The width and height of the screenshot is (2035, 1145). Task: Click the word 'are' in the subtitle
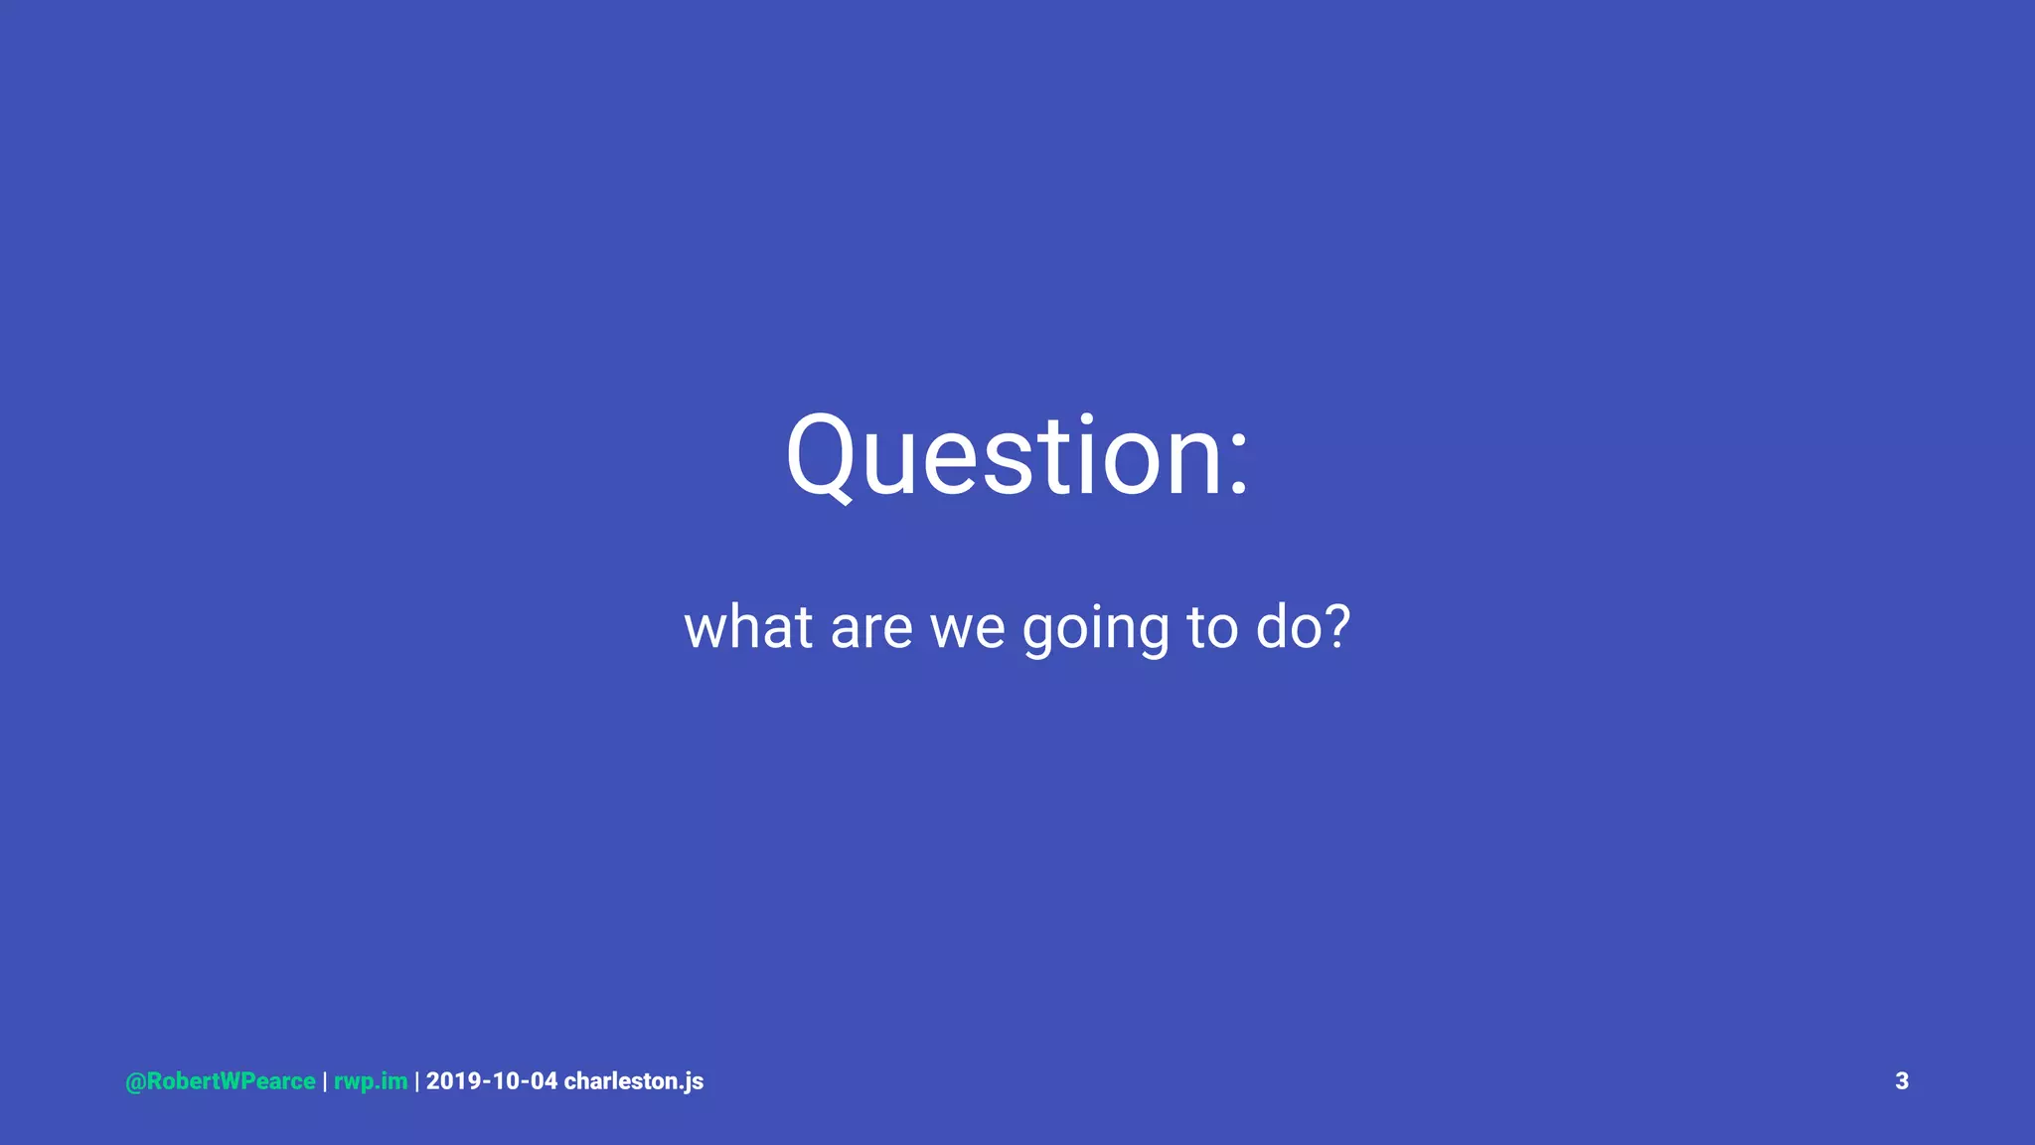[x=871, y=629]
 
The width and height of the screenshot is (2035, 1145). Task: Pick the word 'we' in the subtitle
[x=967, y=629]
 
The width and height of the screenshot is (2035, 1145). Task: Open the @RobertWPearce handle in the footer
[x=221, y=1081]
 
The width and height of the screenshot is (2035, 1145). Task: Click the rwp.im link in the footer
[x=371, y=1081]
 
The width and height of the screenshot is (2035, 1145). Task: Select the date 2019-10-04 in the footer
[x=492, y=1081]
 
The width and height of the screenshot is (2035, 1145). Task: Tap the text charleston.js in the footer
[x=634, y=1081]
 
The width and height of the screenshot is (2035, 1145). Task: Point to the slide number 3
[x=1902, y=1081]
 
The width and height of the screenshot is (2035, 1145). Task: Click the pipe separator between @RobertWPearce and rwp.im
[x=325, y=1081]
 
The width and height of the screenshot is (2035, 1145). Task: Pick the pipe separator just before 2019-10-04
[x=417, y=1081]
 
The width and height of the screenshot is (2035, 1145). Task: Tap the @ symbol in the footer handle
[x=135, y=1081]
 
